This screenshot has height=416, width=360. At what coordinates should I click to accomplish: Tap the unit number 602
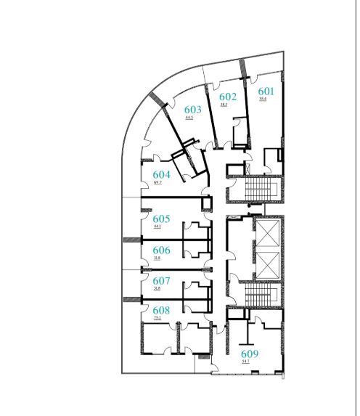point(228,97)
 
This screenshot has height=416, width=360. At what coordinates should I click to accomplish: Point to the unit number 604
point(161,175)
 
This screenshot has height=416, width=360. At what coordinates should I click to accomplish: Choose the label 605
point(161,219)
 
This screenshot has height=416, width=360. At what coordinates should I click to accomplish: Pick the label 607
point(161,280)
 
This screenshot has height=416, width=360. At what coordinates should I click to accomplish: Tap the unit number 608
point(161,310)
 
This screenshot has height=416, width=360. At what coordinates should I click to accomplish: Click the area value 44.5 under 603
point(189,117)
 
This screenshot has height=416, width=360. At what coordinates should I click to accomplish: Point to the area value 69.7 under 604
point(157,183)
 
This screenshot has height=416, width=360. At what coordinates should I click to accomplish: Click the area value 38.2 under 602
point(224,105)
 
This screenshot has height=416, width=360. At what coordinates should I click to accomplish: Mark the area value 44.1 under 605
point(157,227)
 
